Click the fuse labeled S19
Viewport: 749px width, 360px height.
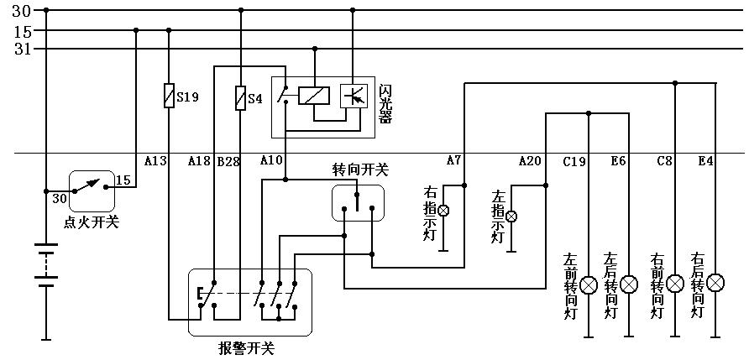point(170,97)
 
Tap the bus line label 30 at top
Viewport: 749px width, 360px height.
point(21,10)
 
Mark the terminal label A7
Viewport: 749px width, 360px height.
point(453,160)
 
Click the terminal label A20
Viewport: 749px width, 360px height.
point(530,160)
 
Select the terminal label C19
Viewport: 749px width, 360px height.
point(574,160)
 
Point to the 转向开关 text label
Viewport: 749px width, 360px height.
point(360,170)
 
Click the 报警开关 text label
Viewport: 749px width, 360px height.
point(245,347)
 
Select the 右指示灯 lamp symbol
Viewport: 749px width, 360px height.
point(446,210)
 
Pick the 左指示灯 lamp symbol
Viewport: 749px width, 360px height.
point(511,216)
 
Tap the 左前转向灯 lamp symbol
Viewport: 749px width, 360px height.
point(589,284)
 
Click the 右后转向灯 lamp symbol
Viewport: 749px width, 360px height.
point(715,283)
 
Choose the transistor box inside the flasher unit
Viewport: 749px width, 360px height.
point(354,95)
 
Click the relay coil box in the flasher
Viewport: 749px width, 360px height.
point(313,95)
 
